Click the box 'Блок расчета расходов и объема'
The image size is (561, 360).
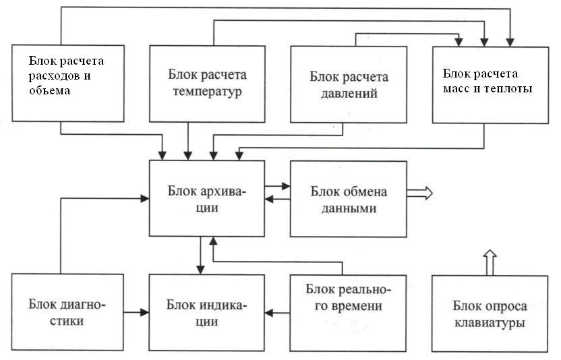pos(68,84)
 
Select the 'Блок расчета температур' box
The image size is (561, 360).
pos(207,84)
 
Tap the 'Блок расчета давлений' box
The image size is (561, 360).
pos(349,84)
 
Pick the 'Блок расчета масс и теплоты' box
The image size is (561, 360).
pos(490,85)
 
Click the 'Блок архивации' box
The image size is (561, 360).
pos(207,198)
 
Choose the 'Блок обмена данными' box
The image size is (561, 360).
pos(349,199)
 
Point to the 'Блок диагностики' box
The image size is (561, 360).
pos(67,312)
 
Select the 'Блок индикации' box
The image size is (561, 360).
pos(207,312)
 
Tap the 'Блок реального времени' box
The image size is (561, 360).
pos(348,313)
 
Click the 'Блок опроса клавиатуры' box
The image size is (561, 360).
pos(490,313)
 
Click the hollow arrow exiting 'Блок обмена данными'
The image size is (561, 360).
pos(419,193)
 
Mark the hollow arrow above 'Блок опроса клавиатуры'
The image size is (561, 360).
pos(490,263)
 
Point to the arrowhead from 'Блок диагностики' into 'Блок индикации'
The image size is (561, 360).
pos(144,312)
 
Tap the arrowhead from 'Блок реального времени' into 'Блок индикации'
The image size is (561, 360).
pos(269,313)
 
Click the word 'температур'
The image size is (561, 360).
pos(207,92)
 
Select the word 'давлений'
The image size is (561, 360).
pos(349,94)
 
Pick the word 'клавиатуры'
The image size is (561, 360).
pos(490,323)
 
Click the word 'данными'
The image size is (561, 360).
pos(349,208)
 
